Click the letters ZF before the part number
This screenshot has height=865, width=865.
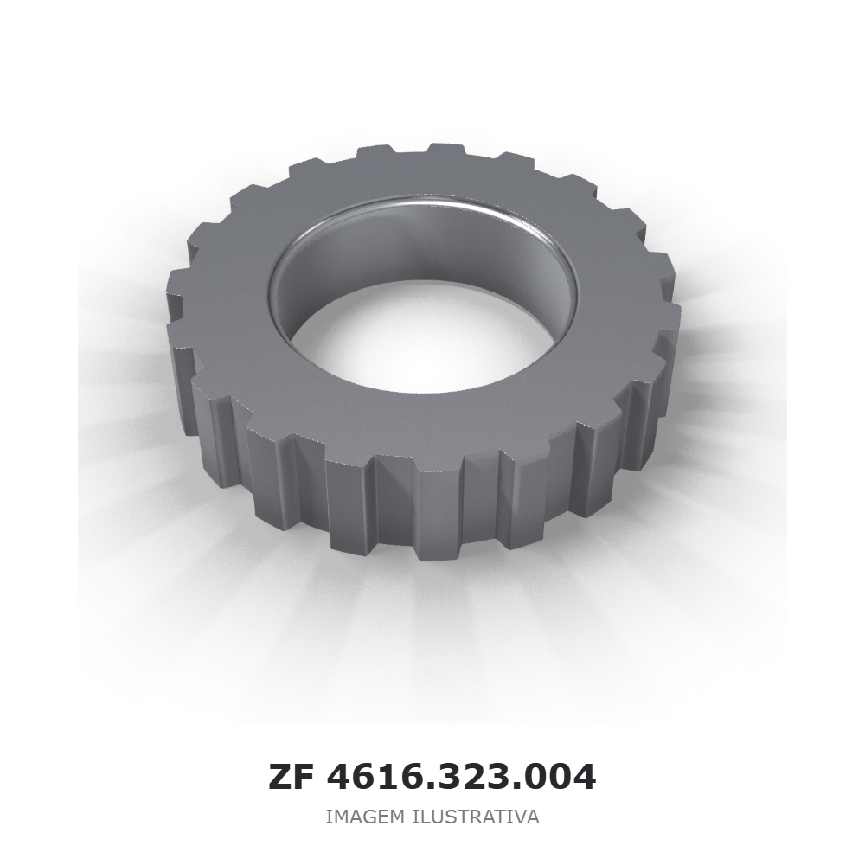click(291, 778)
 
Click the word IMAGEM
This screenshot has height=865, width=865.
click(365, 817)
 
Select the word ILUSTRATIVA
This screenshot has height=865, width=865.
click(476, 817)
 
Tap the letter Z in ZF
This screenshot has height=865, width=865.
click(280, 778)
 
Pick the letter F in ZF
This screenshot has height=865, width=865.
click(304, 778)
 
